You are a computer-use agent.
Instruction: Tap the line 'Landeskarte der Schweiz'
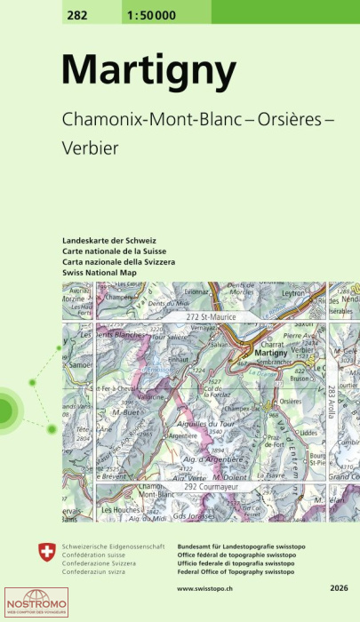tap(109, 242)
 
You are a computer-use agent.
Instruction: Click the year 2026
tap(339, 588)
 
